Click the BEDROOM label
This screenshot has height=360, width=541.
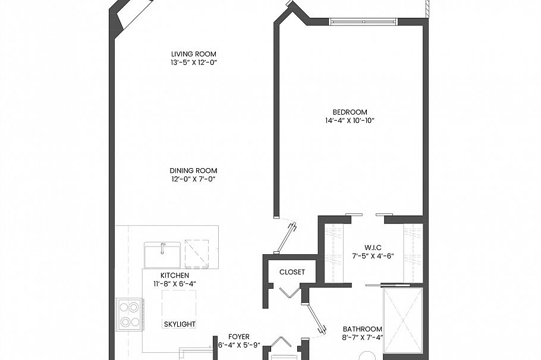pos(350,112)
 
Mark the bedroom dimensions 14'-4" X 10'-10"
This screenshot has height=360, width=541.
pos(350,121)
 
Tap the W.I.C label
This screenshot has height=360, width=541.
pos(373,248)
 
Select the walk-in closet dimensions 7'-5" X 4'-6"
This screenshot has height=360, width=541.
pos(373,257)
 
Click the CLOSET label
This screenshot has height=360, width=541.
pos(292,272)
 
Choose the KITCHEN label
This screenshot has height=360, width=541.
pos(174,276)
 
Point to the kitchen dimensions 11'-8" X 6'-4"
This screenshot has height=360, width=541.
pos(174,284)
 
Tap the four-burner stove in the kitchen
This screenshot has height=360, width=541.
pos(129,314)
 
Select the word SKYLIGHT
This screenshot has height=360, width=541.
pos(180,324)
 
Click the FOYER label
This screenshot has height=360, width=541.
pos(239,336)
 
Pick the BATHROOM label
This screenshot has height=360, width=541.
pos(362,329)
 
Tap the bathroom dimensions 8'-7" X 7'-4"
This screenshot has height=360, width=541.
pos(362,338)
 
